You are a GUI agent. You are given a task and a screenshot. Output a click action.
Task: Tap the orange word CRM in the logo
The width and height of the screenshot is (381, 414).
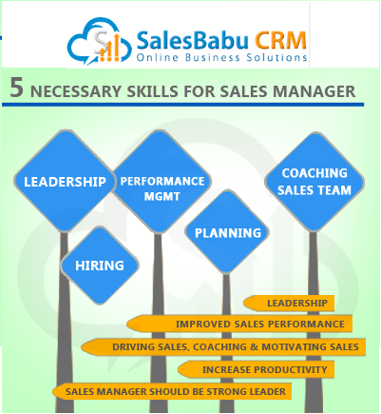[x=281, y=41]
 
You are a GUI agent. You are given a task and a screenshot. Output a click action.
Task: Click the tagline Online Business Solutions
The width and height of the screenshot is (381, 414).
[x=221, y=58]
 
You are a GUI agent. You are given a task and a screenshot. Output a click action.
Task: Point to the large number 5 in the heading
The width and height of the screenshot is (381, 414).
[x=17, y=88]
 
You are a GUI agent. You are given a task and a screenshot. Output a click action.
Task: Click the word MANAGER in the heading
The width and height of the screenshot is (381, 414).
[x=314, y=91]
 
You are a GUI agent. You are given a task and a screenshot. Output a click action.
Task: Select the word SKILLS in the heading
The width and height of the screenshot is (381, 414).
[x=152, y=91]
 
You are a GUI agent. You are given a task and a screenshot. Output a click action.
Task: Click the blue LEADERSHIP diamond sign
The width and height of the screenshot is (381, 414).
[x=65, y=181]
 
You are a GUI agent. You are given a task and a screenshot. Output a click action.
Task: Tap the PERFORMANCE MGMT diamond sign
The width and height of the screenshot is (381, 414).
[x=162, y=181]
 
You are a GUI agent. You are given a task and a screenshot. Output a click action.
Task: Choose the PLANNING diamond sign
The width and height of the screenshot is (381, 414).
[x=227, y=232]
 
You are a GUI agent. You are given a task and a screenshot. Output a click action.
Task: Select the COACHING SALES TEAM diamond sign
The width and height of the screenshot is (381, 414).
[x=314, y=182]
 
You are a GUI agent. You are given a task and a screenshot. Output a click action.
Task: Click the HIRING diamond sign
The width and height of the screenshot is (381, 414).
[x=100, y=266]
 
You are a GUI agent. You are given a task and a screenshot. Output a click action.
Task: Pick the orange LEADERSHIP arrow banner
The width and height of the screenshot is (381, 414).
[x=289, y=304]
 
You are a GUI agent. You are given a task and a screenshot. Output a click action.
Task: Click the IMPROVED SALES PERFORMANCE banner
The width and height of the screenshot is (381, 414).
[x=239, y=324]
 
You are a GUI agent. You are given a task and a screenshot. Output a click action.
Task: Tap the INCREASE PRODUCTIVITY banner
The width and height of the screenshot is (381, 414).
[x=256, y=369]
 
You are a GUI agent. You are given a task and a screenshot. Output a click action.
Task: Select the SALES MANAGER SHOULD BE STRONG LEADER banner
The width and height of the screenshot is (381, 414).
[x=172, y=391]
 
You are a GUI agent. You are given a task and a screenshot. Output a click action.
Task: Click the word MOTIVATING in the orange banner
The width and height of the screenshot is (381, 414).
[x=295, y=346]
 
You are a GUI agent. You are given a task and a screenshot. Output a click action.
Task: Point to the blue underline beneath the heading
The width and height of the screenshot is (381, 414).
[x=183, y=105]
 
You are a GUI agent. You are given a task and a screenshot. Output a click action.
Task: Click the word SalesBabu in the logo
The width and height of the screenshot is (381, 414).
[x=193, y=41]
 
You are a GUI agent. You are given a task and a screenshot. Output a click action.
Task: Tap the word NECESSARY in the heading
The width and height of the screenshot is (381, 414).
[x=76, y=91]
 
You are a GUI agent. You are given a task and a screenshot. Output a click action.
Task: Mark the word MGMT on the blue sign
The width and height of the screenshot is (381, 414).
[x=162, y=197]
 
